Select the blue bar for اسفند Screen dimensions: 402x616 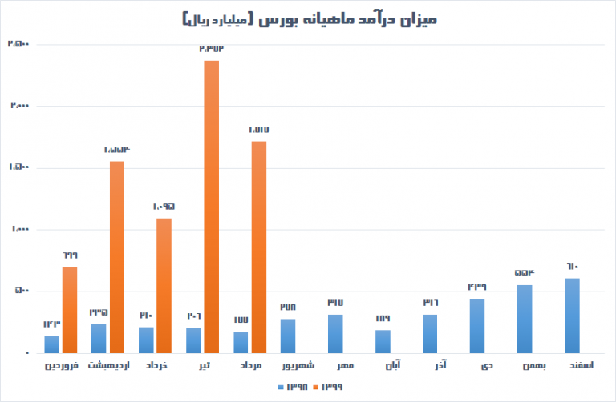572,316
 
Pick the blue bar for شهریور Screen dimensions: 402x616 288,336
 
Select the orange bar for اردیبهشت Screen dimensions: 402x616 117,257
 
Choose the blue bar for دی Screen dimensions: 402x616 477,326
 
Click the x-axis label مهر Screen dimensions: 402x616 335,366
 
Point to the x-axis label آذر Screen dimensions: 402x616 431,366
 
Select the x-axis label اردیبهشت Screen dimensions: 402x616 103,366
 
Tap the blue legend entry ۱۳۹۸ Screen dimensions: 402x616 294,388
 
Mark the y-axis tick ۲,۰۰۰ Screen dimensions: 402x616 18,106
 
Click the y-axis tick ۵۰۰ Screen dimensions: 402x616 21,291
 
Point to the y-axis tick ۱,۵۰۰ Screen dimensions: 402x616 18,167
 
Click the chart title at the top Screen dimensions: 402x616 307,17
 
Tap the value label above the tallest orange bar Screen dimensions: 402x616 211,49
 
